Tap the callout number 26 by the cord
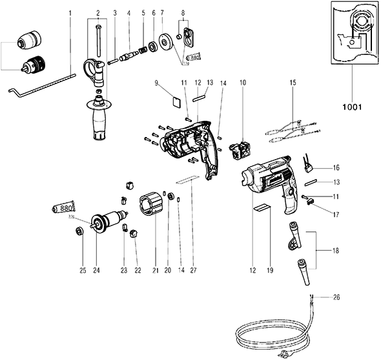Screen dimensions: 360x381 tap(335, 297)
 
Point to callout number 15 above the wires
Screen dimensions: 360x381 tap(292, 83)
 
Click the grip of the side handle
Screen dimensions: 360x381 tap(100, 123)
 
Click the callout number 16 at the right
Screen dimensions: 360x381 tap(335, 167)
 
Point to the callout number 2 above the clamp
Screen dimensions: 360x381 tap(98, 13)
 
